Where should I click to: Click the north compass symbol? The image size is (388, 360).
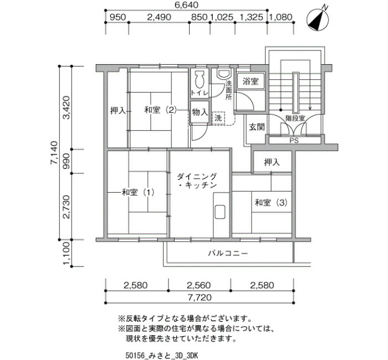point(318,20)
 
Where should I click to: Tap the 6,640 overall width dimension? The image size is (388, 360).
point(187,4)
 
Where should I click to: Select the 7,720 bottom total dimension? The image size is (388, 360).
point(200,297)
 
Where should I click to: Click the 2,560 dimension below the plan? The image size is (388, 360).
point(198,285)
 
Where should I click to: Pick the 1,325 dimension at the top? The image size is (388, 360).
point(251,17)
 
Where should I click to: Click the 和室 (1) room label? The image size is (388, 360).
point(138,192)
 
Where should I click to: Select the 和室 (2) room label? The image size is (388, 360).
point(161,110)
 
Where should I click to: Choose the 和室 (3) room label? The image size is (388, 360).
point(271,203)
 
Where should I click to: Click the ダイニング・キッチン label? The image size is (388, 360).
point(197,181)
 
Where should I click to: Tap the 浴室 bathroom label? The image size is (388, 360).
point(251,81)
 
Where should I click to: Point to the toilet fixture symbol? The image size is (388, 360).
point(200,81)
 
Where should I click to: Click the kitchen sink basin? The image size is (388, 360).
point(219,212)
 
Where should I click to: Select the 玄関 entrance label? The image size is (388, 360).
point(257,127)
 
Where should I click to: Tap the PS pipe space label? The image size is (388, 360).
point(294,141)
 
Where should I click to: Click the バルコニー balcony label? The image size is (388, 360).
point(228,254)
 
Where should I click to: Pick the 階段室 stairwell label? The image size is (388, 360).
point(295,118)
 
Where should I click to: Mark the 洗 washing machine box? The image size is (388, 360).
point(218,118)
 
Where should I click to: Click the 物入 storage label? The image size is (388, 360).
point(200,112)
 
